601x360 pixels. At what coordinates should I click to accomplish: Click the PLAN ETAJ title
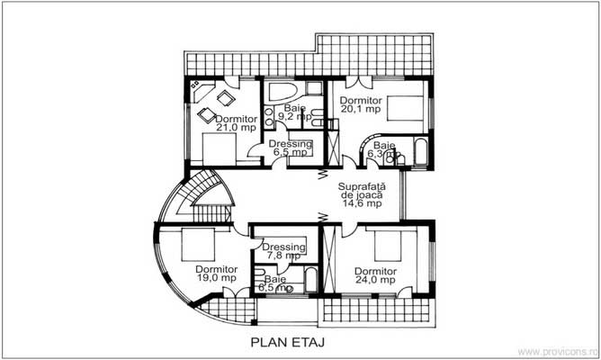[x=287, y=342]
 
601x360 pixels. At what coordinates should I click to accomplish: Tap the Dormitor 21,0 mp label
[x=236, y=123]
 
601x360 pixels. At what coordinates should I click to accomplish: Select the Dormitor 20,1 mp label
[x=361, y=104]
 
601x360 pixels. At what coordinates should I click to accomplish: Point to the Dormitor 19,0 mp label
[x=216, y=274]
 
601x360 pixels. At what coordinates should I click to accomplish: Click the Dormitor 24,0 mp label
[x=375, y=274]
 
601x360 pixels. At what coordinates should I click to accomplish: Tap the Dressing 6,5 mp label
[x=292, y=148]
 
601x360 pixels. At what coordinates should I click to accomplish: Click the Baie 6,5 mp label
[x=277, y=283]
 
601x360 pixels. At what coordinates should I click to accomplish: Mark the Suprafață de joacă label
[x=361, y=195]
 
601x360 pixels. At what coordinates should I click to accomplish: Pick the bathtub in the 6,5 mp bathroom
[x=309, y=280]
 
